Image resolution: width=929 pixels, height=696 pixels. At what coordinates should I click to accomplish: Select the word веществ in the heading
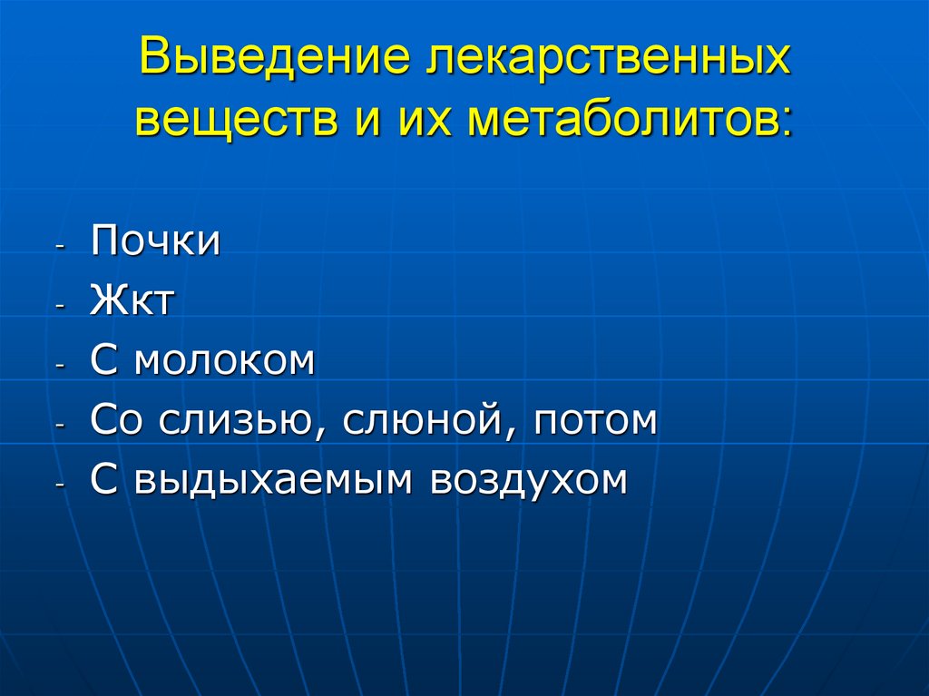pyautogui.click(x=233, y=120)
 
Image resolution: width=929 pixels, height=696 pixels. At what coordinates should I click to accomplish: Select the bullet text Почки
pyautogui.click(x=155, y=243)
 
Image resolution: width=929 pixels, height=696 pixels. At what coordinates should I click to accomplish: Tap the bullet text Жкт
pyautogui.click(x=131, y=301)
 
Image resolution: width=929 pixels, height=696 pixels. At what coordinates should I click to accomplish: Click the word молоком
pyautogui.click(x=225, y=360)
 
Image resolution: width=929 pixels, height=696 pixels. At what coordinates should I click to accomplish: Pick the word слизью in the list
pyautogui.click(x=234, y=420)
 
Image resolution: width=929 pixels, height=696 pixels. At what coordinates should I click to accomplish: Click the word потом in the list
pyautogui.click(x=594, y=420)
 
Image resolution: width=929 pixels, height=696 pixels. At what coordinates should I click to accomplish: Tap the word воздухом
pyautogui.click(x=529, y=479)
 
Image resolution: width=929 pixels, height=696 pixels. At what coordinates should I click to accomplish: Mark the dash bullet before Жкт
pyautogui.click(x=61, y=307)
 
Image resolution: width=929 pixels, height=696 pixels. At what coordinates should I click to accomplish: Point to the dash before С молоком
pyautogui.click(x=61, y=366)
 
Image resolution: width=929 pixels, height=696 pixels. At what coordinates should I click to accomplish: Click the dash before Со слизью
pyautogui.click(x=61, y=426)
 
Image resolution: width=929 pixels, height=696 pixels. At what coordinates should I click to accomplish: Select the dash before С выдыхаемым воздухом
pyautogui.click(x=61, y=485)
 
